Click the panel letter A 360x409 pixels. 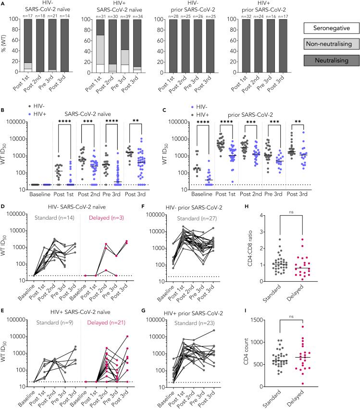point(4,3)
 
